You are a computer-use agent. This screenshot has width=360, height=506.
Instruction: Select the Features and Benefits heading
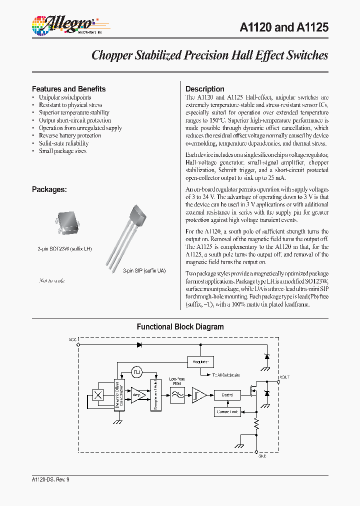click(68, 89)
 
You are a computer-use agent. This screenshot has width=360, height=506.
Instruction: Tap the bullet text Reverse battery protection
click(70, 135)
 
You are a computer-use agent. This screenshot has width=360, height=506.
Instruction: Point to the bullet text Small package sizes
click(62, 151)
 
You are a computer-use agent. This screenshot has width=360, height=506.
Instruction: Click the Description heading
click(204, 89)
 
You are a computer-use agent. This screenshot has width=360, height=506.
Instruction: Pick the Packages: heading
click(49, 189)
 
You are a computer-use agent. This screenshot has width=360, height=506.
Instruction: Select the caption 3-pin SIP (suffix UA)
click(144, 270)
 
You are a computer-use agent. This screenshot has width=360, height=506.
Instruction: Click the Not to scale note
click(51, 281)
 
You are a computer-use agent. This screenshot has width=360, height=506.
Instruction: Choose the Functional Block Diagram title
click(180, 327)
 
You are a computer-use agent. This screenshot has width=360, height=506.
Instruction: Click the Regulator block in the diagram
click(200, 361)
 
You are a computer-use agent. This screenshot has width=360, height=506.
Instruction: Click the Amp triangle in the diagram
click(138, 394)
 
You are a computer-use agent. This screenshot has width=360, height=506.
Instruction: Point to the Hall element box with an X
click(98, 394)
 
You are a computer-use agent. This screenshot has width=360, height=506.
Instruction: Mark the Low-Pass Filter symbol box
click(177, 394)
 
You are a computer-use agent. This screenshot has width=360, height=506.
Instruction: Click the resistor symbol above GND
click(256, 425)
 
